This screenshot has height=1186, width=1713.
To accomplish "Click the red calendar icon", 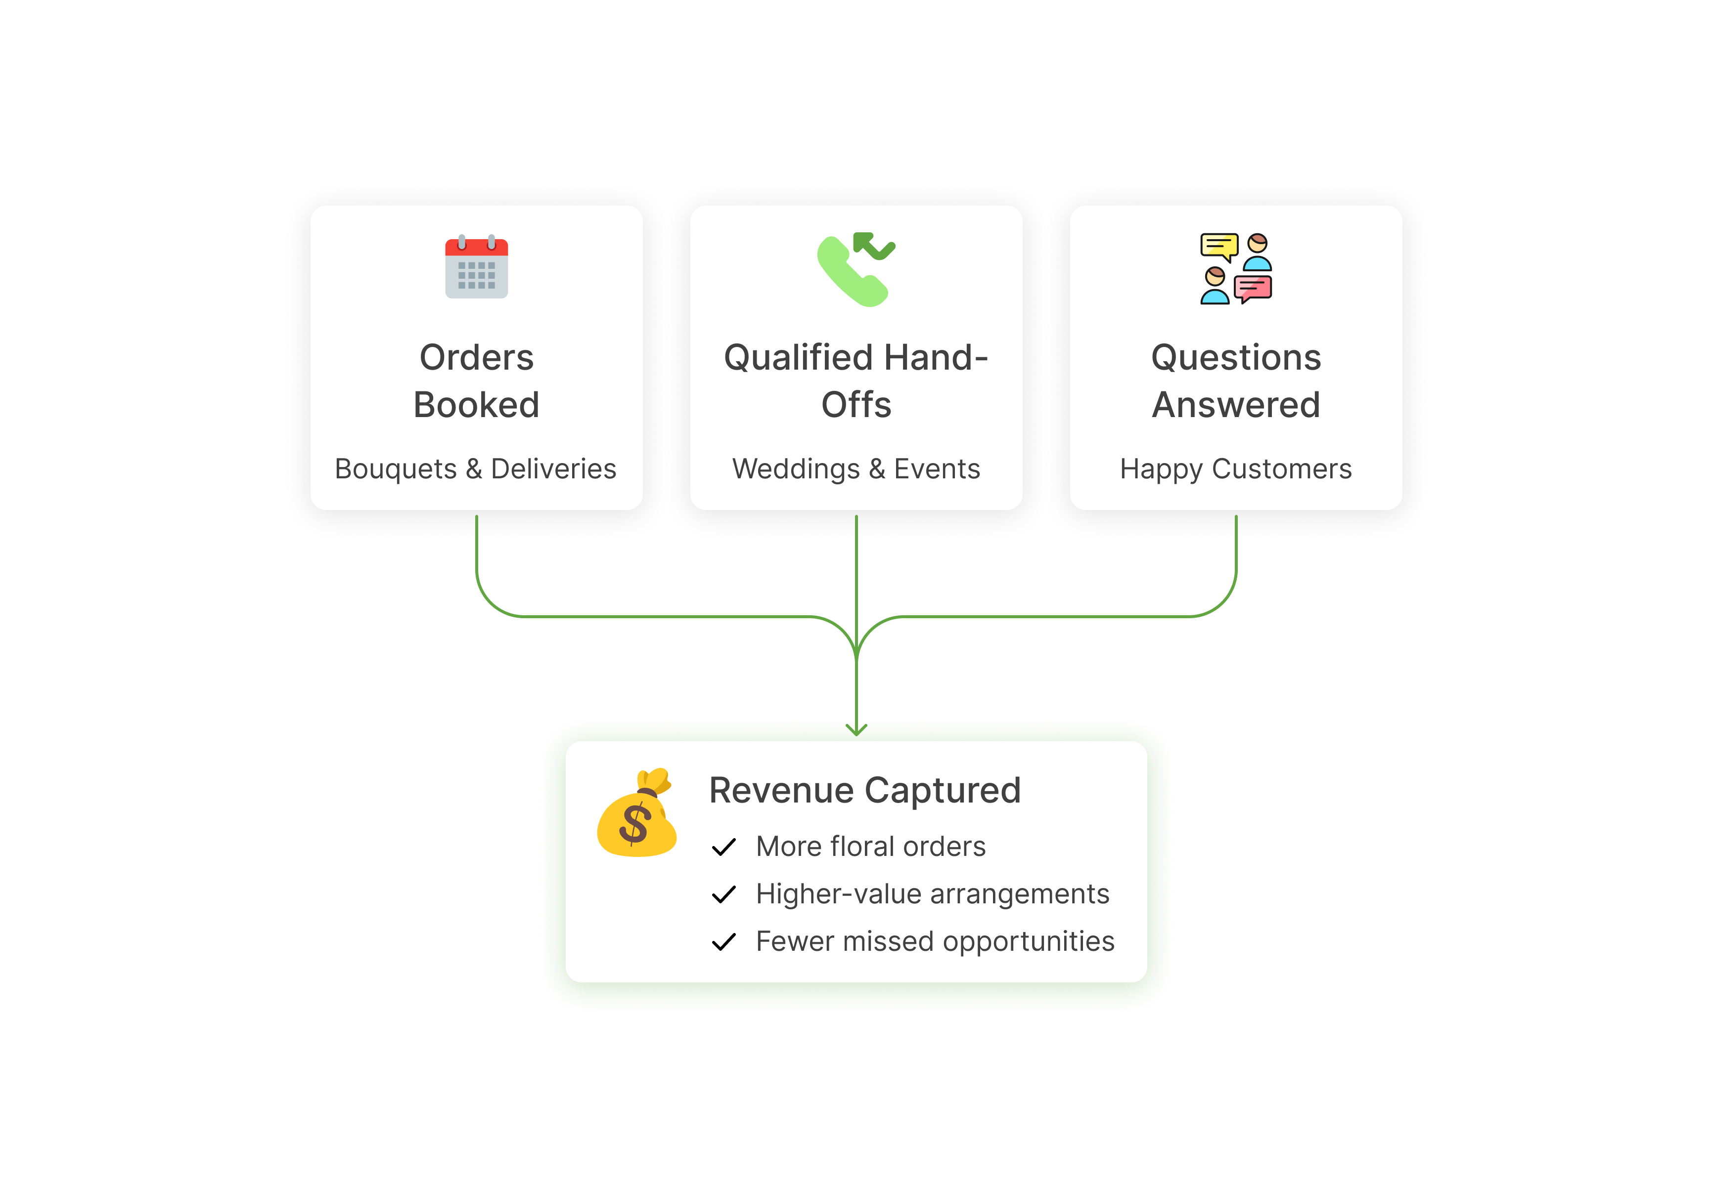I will click(477, 267).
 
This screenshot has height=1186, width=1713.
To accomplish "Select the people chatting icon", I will click(1236, 268).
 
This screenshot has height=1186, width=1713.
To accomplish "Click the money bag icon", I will click(637, 814).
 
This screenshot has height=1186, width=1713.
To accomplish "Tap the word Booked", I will click(477, 406).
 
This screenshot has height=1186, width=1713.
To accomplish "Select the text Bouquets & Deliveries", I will click(476, 469).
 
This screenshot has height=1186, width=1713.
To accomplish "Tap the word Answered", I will click(1236, 406).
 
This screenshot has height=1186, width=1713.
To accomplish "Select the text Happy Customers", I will click(1236, 469).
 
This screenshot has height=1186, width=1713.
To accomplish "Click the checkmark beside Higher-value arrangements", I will click(724, 895).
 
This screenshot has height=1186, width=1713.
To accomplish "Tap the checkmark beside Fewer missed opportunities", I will click(724, 942).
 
